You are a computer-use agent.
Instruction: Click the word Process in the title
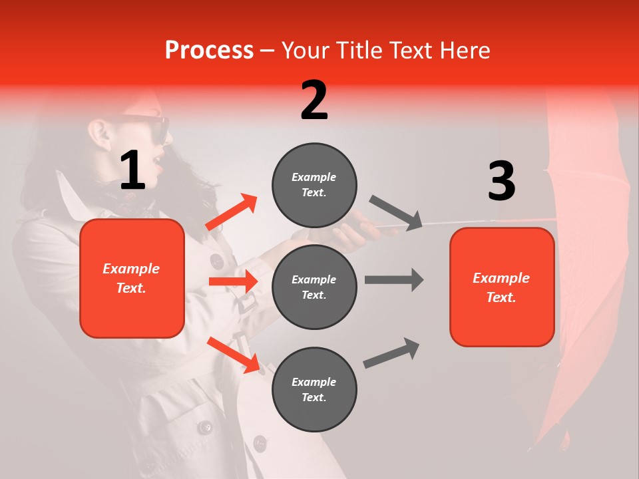(209, 50)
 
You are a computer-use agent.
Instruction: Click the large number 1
(132, 171)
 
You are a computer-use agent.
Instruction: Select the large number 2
(314, 100)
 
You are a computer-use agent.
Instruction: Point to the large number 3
(501, 181)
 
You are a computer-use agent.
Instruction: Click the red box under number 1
(132, 278)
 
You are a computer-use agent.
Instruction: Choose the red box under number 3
(502, 287)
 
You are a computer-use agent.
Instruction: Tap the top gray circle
(314, 184)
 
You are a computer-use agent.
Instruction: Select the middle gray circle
(314, 287)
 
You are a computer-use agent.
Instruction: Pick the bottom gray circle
(314, 389)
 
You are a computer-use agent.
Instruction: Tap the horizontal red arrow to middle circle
(233, 281)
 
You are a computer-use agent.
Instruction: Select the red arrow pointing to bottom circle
(234, 355)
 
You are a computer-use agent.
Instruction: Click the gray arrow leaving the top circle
(395, 212)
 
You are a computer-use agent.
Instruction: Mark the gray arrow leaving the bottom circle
(391, 353)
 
